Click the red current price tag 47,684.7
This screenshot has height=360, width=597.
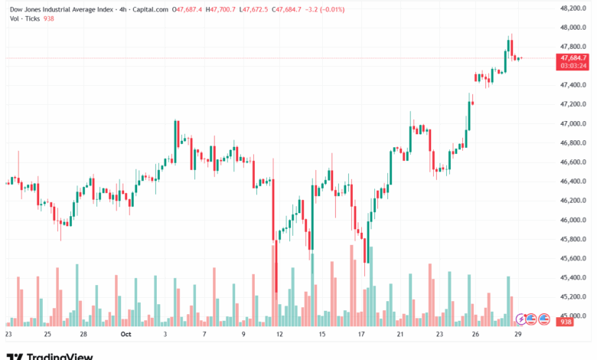573,57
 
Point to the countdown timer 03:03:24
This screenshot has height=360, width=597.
573,66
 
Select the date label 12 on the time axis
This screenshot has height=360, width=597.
279,334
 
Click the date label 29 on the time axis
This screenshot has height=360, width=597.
519,334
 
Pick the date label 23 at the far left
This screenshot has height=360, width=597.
8,334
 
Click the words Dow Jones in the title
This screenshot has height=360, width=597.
26,9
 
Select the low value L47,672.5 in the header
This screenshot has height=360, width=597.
256,9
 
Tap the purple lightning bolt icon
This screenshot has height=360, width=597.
522,319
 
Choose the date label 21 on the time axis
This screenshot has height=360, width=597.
400,334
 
